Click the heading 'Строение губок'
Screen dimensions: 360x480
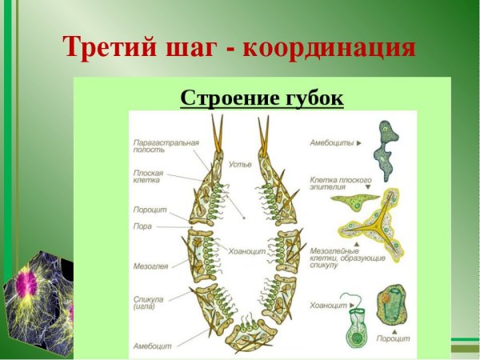262,98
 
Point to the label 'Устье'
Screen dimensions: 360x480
240,163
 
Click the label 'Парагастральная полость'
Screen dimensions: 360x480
166,146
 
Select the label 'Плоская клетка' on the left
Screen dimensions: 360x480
149,177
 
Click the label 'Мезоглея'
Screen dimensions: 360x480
151,265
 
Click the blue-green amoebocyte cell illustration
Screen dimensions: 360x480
390,151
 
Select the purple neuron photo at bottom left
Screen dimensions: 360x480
36,296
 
